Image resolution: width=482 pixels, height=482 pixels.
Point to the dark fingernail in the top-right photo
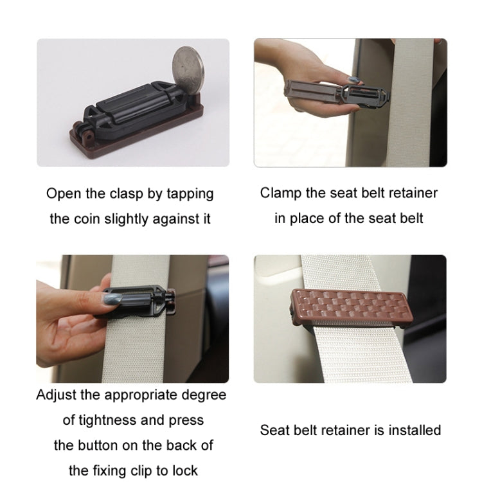(353, 81)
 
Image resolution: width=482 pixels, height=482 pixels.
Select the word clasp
(129, 194)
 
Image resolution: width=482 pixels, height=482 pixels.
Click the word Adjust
(57, 395)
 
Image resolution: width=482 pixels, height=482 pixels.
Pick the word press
(186, 420)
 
